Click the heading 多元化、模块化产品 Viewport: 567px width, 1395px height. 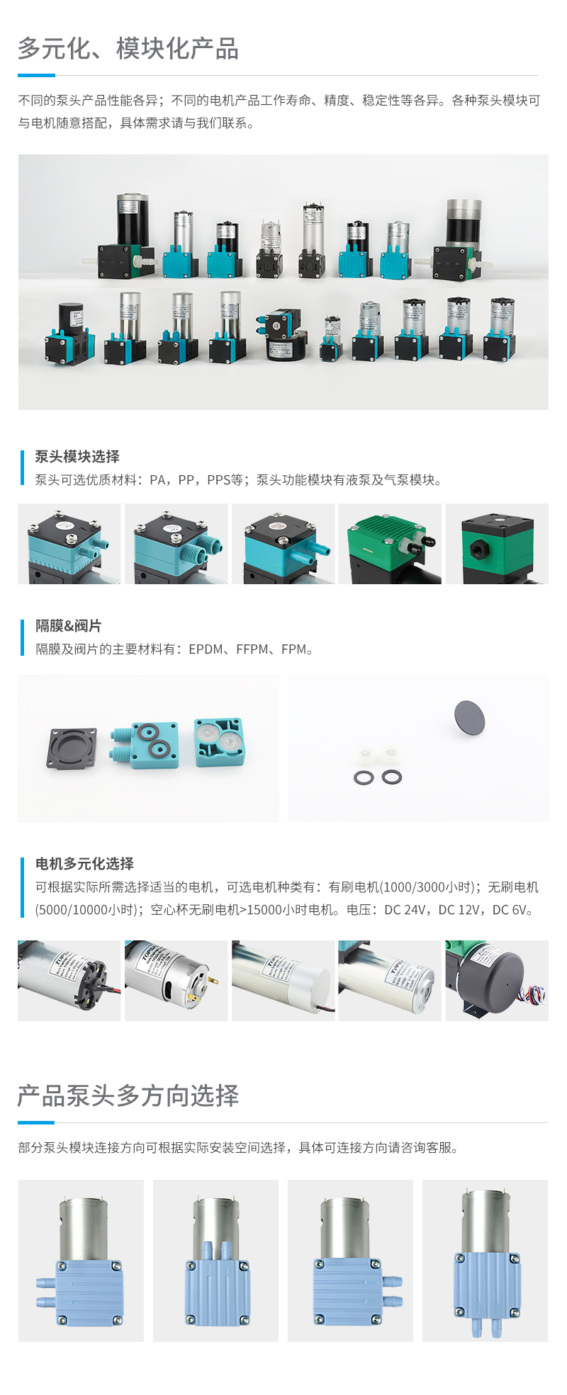click(128, 49)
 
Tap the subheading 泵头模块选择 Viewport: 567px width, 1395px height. click(77, 457)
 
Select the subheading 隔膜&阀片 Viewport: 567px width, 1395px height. click(69, 626)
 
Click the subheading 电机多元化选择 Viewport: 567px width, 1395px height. click(84, 864)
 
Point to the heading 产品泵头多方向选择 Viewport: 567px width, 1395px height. click(128, 1095)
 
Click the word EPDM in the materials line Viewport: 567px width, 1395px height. click(206, 649)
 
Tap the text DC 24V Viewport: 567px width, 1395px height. click(405, 910)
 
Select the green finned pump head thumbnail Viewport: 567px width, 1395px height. click(390, 544)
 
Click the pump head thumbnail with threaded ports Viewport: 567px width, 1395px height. click(176, 544)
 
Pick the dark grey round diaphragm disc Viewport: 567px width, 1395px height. click(469, 717)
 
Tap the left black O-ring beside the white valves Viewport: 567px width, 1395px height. click(364, 778)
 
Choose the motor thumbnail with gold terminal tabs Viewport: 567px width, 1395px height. click(176, 981)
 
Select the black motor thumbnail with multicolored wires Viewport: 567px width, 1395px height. click(497, 981)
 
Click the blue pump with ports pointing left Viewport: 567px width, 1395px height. click(81, 1260)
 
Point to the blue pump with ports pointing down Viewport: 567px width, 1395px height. click(485, 1260)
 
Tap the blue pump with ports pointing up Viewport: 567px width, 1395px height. click(215, 1260)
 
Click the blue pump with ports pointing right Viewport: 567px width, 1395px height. click(350, 1260)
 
